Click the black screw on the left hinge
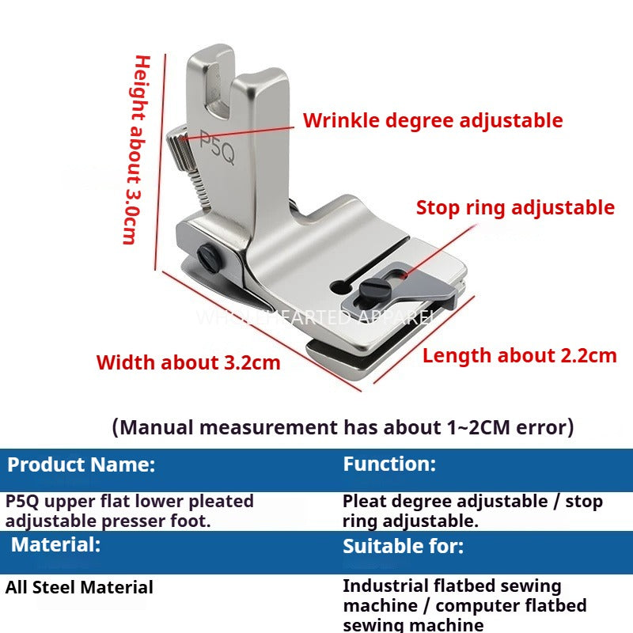[209, 255]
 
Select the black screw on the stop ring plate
[369, 287]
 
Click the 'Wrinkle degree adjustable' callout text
[433, 121]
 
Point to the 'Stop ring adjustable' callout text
[515, 208]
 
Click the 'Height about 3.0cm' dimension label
[140, 150]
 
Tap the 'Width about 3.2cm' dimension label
[188, 363]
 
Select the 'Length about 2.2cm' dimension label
[519, 355]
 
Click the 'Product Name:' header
[81, 464]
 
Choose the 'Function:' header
[389, 464]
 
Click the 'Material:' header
[55, 544]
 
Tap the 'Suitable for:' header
[404, 546]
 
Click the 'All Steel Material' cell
[79, 588]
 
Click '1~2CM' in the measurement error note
[472, 428]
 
